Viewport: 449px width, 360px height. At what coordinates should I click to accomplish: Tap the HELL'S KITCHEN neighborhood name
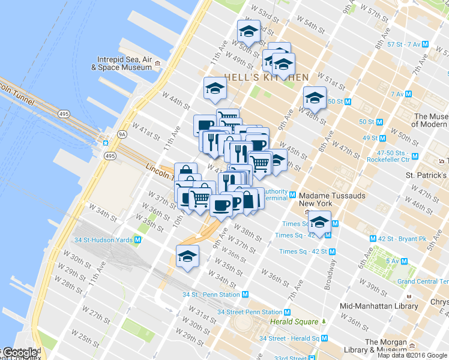point(267,77)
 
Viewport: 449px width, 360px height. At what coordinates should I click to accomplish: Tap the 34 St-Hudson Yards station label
point(103,240)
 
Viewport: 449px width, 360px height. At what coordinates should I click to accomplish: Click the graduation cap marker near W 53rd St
point(249,32)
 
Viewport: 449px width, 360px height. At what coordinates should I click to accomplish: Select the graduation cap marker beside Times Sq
point(319,223)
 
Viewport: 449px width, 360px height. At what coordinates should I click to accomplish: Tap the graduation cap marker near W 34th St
point(187,257)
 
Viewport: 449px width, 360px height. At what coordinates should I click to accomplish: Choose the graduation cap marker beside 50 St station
point(315,98)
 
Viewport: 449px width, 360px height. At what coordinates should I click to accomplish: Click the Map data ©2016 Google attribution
point(412,355)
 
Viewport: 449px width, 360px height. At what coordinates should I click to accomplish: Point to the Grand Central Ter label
point(423,281)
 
